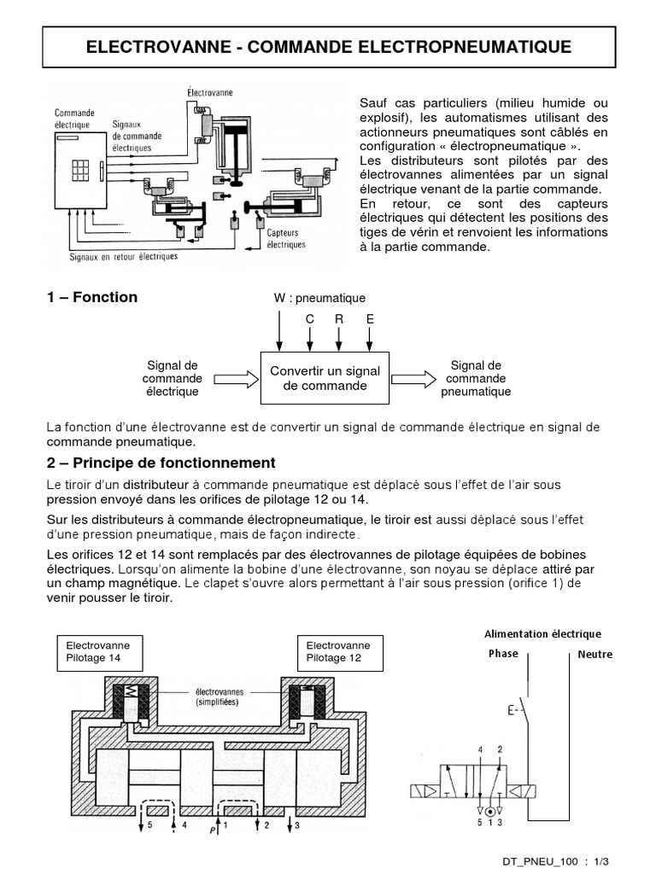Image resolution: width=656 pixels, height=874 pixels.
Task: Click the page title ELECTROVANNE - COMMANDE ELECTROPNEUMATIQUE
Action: pyautogui.click(x=328, y=45)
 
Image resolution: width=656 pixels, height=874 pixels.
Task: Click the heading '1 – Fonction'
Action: pyautogui.click(x=91, y=297)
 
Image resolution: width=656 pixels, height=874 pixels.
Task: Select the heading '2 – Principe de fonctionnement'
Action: pyautogui.click(x=161, y=463)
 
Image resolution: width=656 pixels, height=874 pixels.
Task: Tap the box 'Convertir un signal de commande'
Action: pyautogui.click(x=325, y=378)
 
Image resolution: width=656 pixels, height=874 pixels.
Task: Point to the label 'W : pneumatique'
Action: pyautogui.click(x=319, y=298)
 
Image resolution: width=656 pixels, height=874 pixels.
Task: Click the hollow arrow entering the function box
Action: pyautogui.click(x=233, y=378)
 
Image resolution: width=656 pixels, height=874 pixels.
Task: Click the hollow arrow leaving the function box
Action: pyautogui.click(x=414, y=378)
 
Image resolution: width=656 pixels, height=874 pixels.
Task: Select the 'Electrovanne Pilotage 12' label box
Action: pyautogui.click(x=338, y=652)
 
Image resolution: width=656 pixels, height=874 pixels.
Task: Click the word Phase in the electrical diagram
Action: pyautogui.click(x=503, y=654)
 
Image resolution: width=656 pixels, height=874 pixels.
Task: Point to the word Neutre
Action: pyautogui.click(x=595, y=654)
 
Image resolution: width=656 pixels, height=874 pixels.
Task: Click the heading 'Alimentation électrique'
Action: pyautogui.click(x=542, y=634)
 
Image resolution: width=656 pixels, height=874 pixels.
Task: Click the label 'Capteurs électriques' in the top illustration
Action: pyautogui.click(x=285, y=237)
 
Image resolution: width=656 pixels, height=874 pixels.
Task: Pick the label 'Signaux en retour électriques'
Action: pyautogui.click(x=123, y=255)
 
